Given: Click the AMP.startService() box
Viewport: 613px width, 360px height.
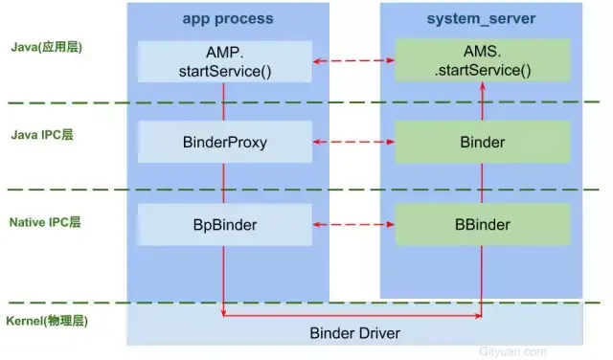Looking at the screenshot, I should click(x=225, y=60).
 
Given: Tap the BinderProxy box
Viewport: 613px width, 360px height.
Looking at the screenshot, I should click(x=225, y=142).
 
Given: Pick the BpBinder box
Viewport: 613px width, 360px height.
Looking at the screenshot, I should click(x=225, y=225).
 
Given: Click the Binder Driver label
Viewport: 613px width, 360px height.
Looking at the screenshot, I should click(x=354, y=333).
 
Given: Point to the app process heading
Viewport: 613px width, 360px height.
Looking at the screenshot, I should click(x=227, y=18).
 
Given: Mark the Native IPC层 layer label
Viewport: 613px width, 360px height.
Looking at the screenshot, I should click(x=45, y=222).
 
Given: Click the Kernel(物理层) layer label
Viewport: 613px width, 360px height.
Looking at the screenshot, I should click(x=48, y=320).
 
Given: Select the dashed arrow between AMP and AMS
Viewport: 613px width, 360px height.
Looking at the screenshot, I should click(x=354, y=61).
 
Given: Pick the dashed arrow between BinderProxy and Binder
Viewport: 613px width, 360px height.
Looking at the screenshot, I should click(x=354, y=143).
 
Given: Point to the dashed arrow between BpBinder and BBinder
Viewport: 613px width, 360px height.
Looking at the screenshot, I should click(x=354, y=226).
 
